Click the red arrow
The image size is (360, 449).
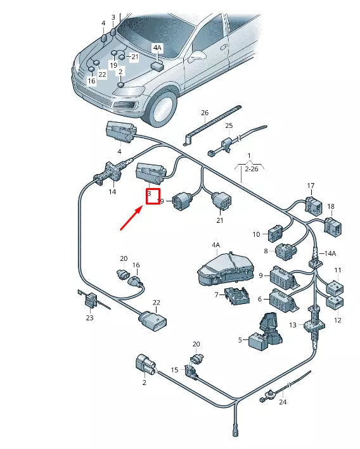click(131, 219)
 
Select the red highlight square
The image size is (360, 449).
click(153, 196)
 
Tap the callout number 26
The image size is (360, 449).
click(205, 113)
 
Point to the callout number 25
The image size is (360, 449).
click(229, 125)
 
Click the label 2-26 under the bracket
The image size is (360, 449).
click(251, 169)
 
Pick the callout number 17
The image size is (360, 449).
click(311, 186)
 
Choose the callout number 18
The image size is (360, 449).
click(331, 206)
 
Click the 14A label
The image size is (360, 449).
click(330, 253)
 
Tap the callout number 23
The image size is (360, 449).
click(90, 317)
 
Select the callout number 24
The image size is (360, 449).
click(283, 402)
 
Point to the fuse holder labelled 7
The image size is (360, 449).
click(237, 296)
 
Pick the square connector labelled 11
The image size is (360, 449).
click(335, 287)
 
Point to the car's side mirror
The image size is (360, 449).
click(196, 56)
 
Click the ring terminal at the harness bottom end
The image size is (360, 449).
click(235, 434)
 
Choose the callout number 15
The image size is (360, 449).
click(174, 370)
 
